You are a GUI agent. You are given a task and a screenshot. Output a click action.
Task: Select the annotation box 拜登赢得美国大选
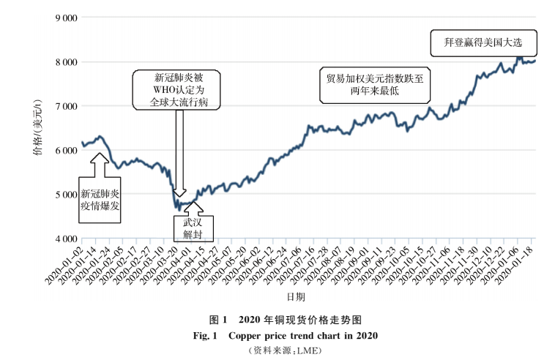[x=483, y=42]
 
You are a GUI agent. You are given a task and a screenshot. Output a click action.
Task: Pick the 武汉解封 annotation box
[x=192, y=228]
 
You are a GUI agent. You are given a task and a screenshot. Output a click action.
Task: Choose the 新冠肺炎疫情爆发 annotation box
[x=100, y=200]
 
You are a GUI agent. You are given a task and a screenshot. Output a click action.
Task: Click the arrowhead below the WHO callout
[x=179, y=192]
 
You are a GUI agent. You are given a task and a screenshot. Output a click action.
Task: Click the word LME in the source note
[x=308, y=350]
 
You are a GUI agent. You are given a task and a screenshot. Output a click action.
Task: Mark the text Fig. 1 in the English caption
[x=208, y=336]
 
